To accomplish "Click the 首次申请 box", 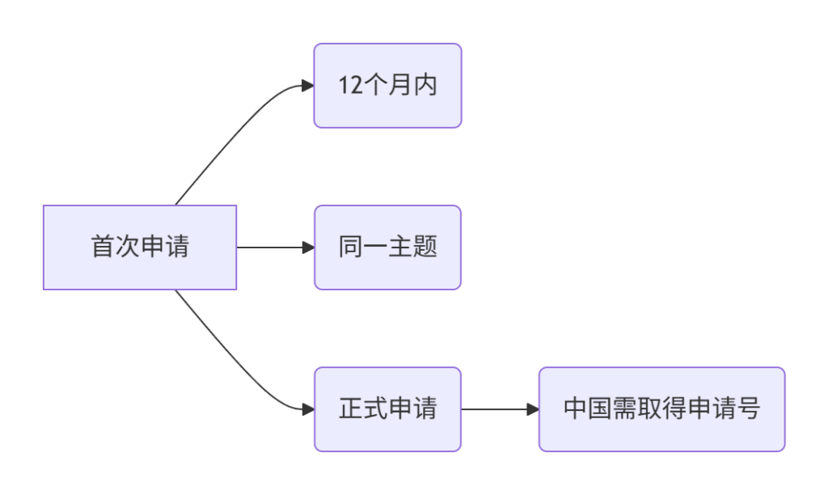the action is tap(140, 247).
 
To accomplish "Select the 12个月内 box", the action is tap(387, 86).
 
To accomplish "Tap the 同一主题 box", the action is tap(387, 247).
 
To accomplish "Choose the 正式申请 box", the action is tap(387, 409).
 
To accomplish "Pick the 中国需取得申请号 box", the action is tap(662, 409).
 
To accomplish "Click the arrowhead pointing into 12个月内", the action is tap(308, 86).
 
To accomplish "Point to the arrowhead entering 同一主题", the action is tap(308, 247).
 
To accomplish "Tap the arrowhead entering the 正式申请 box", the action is tap(308, 409).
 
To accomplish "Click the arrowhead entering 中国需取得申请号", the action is tap(533, 409).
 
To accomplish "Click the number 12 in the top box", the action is tap(351, 86).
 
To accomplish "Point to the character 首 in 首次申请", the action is tap(103, 247).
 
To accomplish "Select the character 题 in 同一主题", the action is tap(425, 247).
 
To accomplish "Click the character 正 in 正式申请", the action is tap(351, 408).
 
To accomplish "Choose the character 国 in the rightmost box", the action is tap(600, 408).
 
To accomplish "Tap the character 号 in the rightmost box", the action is tap(748, 408).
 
